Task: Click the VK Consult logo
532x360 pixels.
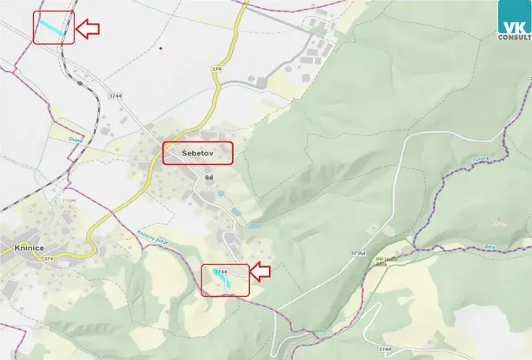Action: pyautogui.click(x=514, y=20)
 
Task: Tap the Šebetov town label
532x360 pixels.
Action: pyautogui.click(x=197, y=154)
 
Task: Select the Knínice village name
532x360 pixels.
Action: pyautogui.click(x=28, y=248)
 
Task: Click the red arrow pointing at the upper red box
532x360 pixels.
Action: pyautogui.click(x=88, y=29)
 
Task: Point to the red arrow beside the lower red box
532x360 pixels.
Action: pyautogui.click(x=261, y=271)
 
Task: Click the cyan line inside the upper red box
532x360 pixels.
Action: pyautogui.click(x=52, y=27)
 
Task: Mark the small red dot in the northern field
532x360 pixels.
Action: pyautogui.click(x=161, y=48)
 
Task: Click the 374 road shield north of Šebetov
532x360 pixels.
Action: pyautogui.click(x=216, y=70)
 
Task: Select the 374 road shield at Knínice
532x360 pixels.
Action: pyautogui.click(x=48, y=258)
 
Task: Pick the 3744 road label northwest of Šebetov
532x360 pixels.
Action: pyautogui.click(x=115, y=95)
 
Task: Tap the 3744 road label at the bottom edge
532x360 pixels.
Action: pyautogui.click(x=385, y=349)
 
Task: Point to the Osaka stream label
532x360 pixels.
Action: pyautogui.click(x=75, y=139)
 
